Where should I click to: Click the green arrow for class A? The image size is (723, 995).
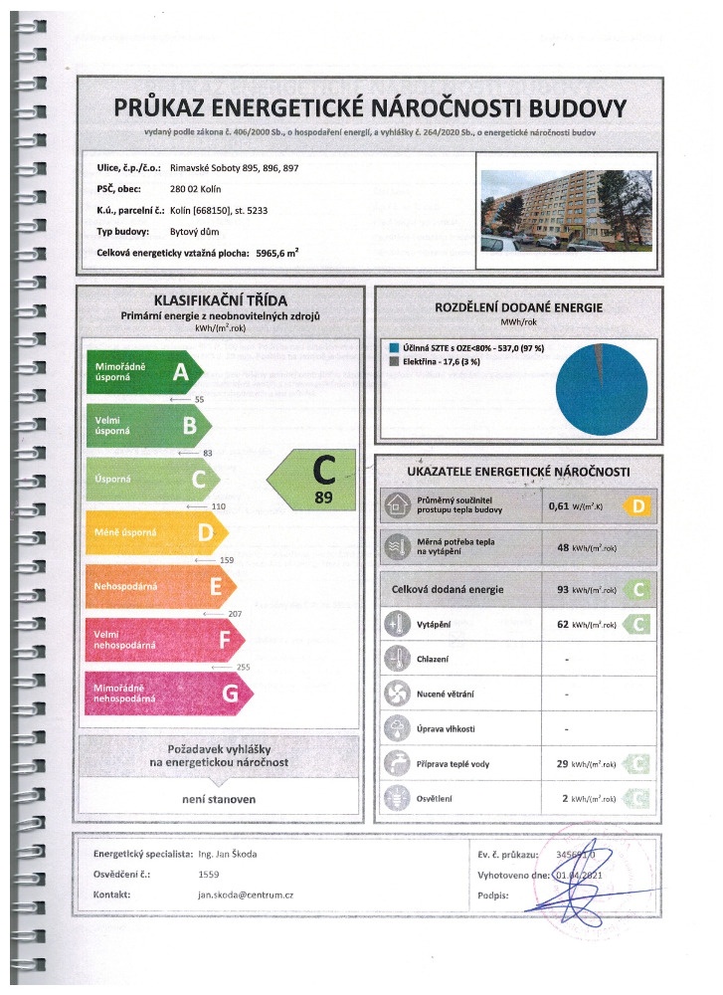coord(144,372)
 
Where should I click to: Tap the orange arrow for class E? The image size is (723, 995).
coord(154,586)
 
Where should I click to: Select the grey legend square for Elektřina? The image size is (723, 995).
coord(390,361)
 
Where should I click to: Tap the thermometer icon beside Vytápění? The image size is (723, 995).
coord(398,625)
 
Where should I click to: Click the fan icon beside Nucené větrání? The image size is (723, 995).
coord(398,693)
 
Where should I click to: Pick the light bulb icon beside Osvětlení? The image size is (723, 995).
coord(398,798)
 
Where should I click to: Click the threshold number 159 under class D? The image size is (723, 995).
coord(226,561)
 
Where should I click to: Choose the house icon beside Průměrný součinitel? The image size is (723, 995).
coord(398,506)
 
